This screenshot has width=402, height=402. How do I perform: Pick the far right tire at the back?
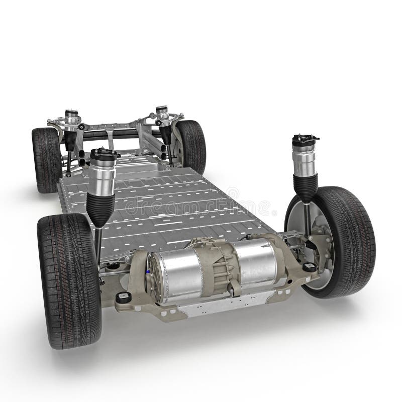pyautogui.click(x=192, y=146)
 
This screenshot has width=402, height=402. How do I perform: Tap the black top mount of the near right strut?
pyautogui.click(x=306, y=138)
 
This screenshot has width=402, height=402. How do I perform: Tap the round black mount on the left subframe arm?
pyautogui.click(x=123, y=297)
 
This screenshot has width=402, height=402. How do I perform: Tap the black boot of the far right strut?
pyautogui.click(x=166, y=135)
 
